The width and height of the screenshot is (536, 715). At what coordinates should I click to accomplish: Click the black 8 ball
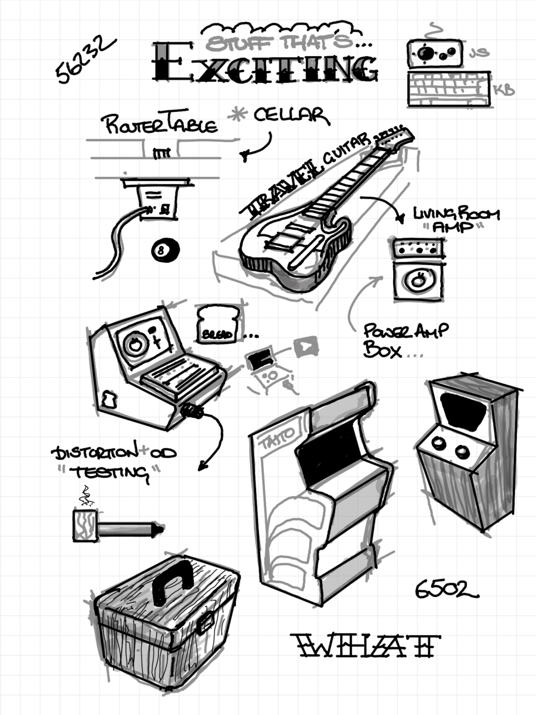[162, 251]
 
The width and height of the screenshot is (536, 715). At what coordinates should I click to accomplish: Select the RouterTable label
[159, 124]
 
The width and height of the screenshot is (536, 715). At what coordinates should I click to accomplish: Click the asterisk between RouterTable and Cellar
[239, 116]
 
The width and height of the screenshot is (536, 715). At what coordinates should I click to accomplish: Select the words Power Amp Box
[399, 340]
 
